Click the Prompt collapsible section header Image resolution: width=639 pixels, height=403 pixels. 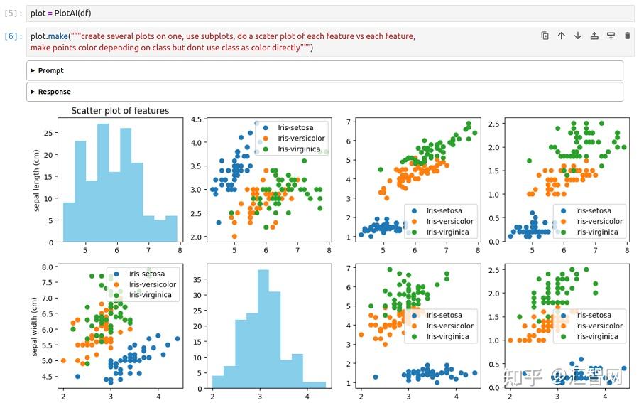click(x=51, y=71)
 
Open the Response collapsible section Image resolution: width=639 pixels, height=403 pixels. click(x=54, y=92)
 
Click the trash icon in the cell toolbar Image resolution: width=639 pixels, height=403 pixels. click(x=627, y=36)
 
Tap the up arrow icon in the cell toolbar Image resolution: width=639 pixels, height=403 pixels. click(x=561, y=36)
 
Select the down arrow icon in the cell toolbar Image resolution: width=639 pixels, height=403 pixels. click(x=577, y=36)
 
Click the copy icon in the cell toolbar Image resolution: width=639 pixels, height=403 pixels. click(x=545, y=36)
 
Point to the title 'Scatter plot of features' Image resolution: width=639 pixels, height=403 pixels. click(x=120, y=111)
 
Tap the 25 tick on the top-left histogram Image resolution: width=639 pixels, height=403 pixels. click(x=49, y=133)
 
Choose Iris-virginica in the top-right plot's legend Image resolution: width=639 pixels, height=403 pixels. click(x=596, y=232)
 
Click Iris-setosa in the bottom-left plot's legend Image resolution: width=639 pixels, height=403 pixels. click(x=147, y=274)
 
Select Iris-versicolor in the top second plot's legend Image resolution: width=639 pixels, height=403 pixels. click(x=301, y=139)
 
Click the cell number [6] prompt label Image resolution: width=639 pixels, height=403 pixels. click(x=14, y=36)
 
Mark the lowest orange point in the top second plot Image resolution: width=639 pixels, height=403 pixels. click(x=234, y=237)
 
